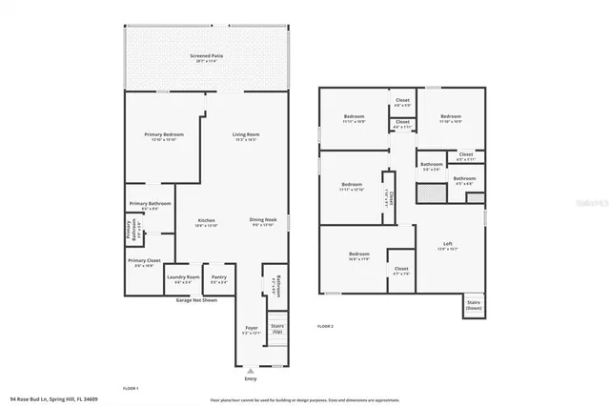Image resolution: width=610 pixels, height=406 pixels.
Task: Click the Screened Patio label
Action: pos(206,58)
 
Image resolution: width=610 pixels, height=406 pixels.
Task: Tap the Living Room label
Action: pos(246,136)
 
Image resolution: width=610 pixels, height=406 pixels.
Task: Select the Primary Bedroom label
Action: pos(164,136)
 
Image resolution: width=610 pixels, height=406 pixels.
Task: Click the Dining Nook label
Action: pos(263,222)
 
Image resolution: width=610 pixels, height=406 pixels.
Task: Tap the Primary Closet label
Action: pos(145,262)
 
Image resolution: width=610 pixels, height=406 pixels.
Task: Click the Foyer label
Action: pos(251,330)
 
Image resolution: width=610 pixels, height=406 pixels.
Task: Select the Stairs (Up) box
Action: pos(277,328)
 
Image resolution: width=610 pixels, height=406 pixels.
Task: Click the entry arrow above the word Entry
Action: pos(251,371)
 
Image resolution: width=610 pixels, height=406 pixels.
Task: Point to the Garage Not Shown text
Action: pos(196,300)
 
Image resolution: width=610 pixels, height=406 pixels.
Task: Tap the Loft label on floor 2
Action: pos(447,245)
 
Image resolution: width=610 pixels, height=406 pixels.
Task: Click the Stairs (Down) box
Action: pos(474,306)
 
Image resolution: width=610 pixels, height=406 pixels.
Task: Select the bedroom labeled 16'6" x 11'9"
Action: pos(359,255)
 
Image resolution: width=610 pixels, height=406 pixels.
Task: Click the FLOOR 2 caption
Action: pos(325,326)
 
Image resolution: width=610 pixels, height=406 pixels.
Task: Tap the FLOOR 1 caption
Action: pos(131,388)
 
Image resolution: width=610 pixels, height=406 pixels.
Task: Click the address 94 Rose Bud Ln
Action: pos(53,399)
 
